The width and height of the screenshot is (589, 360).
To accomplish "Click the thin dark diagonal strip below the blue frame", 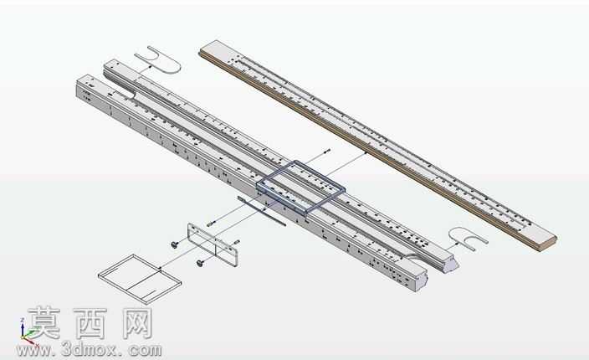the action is pyautogui.click(x=261, y=211).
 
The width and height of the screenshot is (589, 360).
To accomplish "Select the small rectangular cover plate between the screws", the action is pyautogui.click(x=213, y=245).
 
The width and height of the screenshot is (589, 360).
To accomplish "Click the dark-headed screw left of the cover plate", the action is pyautogui.click(x=175, y=244).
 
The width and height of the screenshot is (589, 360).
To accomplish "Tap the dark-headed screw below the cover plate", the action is pyautogui.click(x=201, y=264).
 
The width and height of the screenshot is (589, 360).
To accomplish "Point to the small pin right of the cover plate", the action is pyautogui.click(x=237, y=242).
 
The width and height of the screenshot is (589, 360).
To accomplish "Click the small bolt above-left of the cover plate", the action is pyautogui.click(x=210, y=224).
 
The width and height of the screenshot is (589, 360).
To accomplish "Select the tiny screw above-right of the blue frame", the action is pyautogui.click(x=327, y=151).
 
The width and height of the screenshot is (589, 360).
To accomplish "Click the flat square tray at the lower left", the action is pyautogui.click(x=140, y=279).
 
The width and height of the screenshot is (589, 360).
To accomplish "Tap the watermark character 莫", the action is pyautogui.click(x=44, y=323).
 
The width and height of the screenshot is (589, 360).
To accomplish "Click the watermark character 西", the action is pyautogui.click(x=90, y=323).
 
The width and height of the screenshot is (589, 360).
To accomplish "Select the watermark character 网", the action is pyautogui.click(x=137, y=323).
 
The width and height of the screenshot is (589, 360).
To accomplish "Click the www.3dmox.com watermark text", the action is pyautogui.click(x=89, y=350).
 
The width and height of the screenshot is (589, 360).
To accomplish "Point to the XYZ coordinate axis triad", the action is pyautogui.click(x=27, y=332).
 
